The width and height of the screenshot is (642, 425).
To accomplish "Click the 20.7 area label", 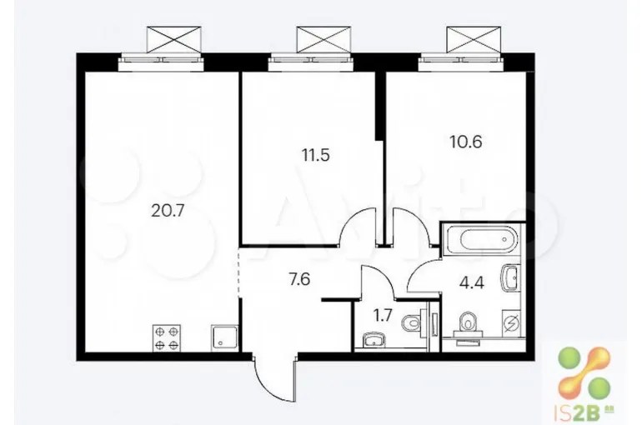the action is pos(168,211).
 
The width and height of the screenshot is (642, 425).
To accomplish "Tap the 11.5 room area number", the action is pos(315,156).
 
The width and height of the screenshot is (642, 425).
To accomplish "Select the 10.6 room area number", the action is pos(465,142).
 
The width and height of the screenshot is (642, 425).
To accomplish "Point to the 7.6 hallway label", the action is pos(299,280).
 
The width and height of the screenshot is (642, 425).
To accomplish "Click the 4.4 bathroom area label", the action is pos(472,282).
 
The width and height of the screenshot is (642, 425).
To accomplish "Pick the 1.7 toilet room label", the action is pos(383,315).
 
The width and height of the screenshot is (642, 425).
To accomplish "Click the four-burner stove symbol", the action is pos(167,337).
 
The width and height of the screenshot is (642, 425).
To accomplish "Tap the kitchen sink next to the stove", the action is pos(224,337).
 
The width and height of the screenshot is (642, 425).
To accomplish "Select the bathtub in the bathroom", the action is pos(482,239).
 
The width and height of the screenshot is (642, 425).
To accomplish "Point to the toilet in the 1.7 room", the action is pos(412,323).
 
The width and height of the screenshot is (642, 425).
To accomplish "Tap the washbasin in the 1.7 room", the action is pos(374,340).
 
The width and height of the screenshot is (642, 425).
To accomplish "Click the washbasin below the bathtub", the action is pos(510,278).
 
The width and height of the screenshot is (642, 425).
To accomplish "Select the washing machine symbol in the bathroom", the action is pos(511,323).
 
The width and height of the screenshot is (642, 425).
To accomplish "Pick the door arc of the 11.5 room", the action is pos(358,226).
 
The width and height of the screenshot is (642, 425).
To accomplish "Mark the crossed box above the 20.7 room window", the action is pos(174,39).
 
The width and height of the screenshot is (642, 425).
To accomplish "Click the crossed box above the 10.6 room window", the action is pos(474,39).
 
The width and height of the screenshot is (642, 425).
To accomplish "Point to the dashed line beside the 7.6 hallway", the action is pos(238,272).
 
